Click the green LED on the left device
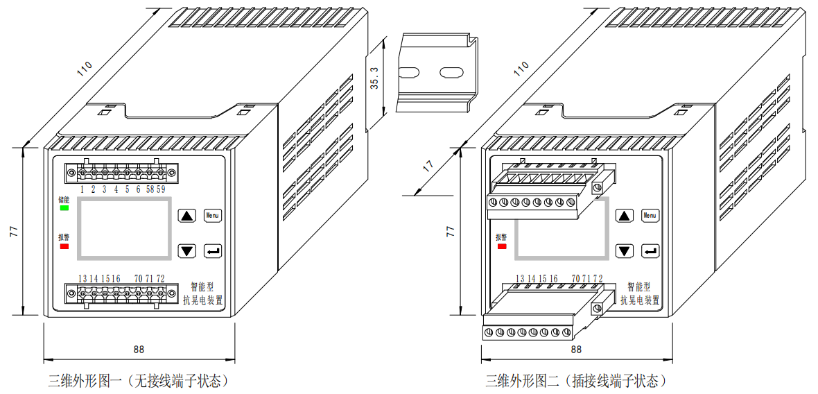[64, 207]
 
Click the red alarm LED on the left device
[64, 246]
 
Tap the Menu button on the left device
[212, 215]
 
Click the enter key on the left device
[212, 250]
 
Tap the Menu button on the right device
[650, 216]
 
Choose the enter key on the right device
[650, 251]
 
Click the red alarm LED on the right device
[501, 246]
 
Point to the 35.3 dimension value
[375, 78]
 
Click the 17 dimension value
[428, 167]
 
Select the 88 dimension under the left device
[139, 350]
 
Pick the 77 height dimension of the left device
[13, 232]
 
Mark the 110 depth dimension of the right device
[521, 69]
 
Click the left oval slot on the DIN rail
[410, 71]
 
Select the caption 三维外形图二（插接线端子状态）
[575, 381]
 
